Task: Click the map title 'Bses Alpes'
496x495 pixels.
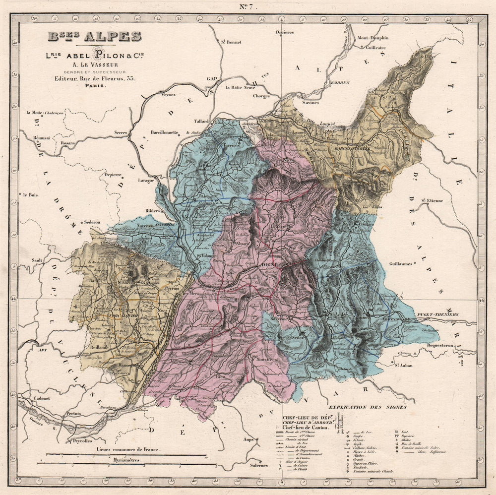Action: [94, 37]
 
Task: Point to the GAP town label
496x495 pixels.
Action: [213, 79]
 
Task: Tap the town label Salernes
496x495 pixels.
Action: [258, 465]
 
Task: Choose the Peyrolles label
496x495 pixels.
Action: [83, 440]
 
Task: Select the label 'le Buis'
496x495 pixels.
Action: [30, 195]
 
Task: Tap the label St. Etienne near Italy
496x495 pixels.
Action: [432, 201]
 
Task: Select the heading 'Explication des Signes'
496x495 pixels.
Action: [371, 407]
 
